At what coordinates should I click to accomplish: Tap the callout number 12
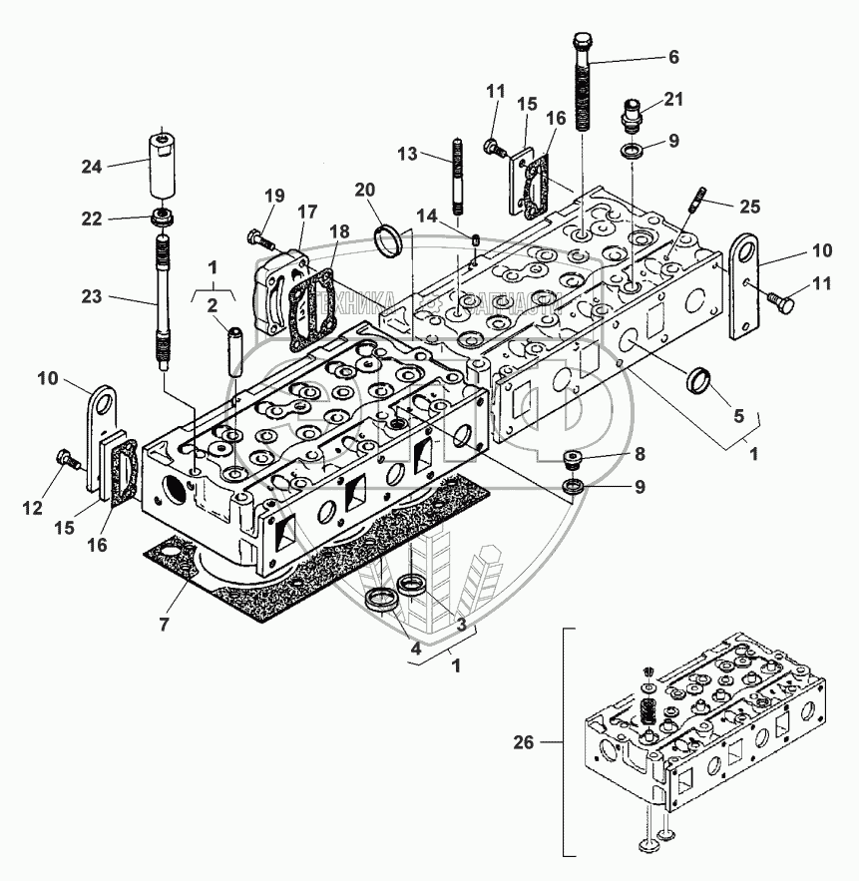[x=33, y=508]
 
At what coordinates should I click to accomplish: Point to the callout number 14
[x=426, y=215]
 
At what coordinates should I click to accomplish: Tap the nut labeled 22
[x=160, y=219]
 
